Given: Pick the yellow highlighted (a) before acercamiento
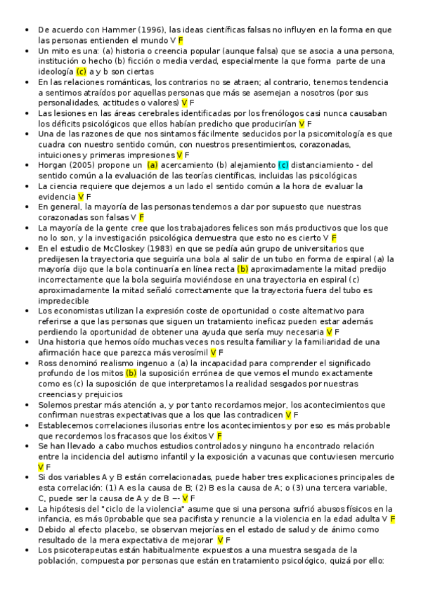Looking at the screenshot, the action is click(x=153, y=164).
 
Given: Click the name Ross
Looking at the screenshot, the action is click(x=48, y=363).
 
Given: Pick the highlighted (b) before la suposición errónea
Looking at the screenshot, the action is click(x=131, y=373).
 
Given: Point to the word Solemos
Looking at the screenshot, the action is click(x=56, y=405).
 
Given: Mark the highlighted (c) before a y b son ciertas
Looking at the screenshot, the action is click(x=81, y=72).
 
